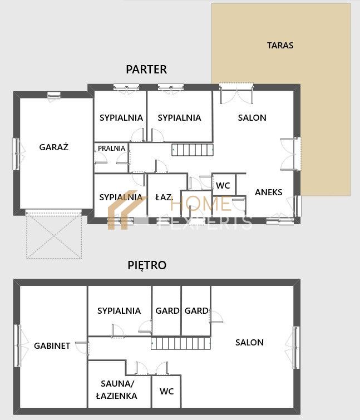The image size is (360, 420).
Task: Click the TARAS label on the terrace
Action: pos(280,45)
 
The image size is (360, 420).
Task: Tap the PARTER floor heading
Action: pos(146,70)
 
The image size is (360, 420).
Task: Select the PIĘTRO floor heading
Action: pos(147,265)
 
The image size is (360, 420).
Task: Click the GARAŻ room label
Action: pos(54,147)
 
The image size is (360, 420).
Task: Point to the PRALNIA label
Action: pos(111,148)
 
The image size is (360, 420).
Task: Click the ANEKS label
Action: pos(268,192)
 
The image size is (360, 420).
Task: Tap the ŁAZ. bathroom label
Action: pos(164,197)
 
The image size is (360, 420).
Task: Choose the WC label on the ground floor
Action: pos(223,185)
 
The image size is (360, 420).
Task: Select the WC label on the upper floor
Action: pos(166,391)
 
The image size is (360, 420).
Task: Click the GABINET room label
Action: pos(52,345)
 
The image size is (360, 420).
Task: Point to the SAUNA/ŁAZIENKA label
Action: pos(117,390)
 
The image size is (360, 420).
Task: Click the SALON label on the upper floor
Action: pos(249,342)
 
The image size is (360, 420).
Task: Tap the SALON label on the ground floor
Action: pos(252,117)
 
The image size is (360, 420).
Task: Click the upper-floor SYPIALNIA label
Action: pos(119,311)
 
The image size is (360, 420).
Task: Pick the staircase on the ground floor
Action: pos(193,150)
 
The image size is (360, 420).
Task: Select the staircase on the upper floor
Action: pos(181,343)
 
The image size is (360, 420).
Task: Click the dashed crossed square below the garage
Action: pos(54,236)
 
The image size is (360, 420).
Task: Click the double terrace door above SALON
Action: pos(236,93)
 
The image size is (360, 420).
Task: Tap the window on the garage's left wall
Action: pos(17,154)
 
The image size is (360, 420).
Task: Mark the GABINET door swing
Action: pos(82,348)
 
